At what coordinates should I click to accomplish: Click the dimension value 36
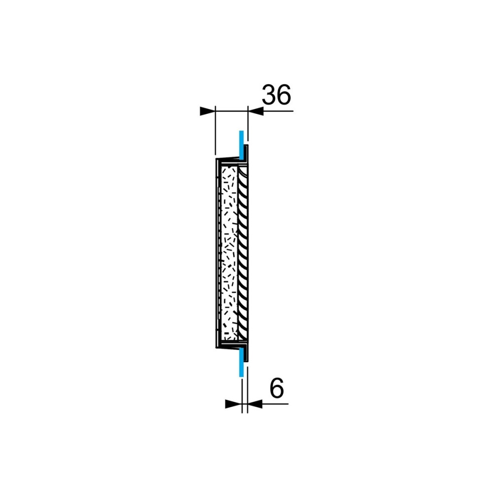point(277,95)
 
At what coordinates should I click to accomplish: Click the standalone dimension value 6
point(277,388)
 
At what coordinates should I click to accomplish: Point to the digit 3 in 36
point(269,95)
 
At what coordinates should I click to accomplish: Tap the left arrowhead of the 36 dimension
point(208,111)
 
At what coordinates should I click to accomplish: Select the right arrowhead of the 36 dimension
point(255,111)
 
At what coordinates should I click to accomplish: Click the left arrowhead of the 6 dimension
point(234,404)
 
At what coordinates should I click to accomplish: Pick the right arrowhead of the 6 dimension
point(255,404)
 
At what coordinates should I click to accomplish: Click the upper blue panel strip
point(241,145)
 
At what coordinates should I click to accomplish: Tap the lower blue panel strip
point(241,362)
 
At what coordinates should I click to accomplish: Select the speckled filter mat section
point(230,253)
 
